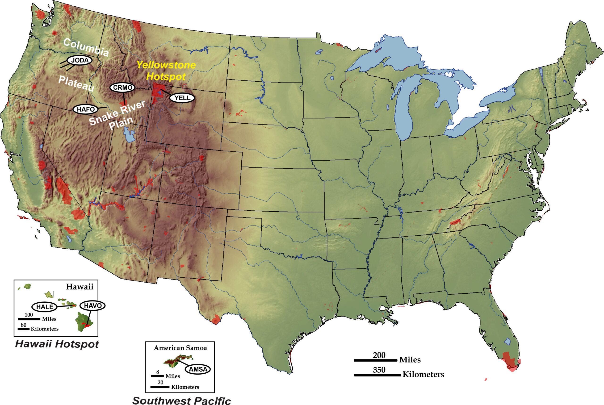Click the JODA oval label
(x=80, y=60)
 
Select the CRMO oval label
(x=122, y=88)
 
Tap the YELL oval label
(x=182, y=98)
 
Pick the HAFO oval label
(x=85, y=109)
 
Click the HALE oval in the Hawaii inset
(x=44, y=307)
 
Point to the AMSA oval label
(x=198, y=369)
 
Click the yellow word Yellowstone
(x=166, y=65)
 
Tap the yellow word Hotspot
(x=166, y=76)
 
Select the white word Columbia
(x=86, y=47)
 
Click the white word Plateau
(x=76, y=84)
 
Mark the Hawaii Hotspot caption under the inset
(x=57, y=344)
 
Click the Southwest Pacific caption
(x=181, y=400)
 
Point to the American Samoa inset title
(x=180, y=348)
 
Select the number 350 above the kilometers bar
(x=379, y=370)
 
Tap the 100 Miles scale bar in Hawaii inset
(x=29, y=319)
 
